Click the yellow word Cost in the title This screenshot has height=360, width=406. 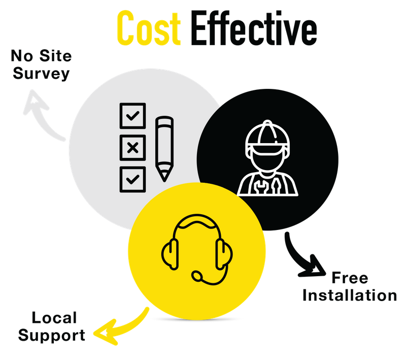148,28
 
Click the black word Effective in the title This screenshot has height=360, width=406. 254,28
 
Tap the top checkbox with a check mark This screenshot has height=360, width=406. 132,116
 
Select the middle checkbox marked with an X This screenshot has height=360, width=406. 132,147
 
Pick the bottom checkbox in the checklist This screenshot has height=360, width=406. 132,178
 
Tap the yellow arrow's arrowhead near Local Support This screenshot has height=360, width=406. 101,333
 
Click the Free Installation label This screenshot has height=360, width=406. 350,287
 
